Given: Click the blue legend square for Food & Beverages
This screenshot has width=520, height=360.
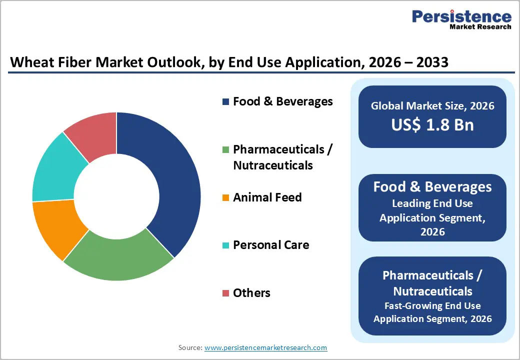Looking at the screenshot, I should point(226,102).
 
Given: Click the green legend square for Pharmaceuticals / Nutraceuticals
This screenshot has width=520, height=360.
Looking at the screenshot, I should point(226,149).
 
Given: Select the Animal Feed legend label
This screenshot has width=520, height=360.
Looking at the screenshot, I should point(267,197).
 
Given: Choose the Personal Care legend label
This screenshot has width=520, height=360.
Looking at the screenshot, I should point(270,245).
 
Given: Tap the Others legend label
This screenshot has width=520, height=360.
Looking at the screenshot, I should point(251,293).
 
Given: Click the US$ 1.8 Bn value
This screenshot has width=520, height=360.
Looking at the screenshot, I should point(432,125).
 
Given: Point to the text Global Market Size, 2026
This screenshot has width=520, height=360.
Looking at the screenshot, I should point(432,105).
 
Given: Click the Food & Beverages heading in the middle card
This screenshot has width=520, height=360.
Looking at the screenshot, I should point(432,187).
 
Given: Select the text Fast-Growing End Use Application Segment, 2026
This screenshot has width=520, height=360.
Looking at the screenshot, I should point(432,312).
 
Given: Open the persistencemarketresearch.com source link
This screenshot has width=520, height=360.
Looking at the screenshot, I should point(265,347).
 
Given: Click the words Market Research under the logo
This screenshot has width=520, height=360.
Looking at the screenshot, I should point(479,27).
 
